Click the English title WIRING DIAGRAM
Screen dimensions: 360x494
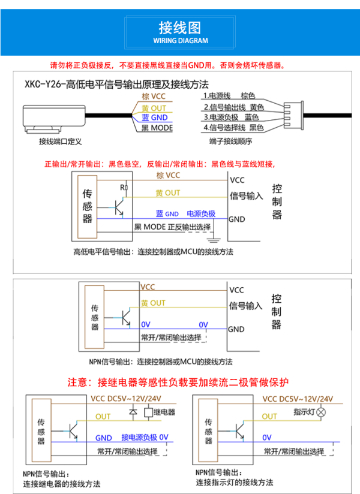tap(181, 41)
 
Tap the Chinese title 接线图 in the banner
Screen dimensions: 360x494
tap(179, 28)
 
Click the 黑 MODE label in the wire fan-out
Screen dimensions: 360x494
tap(157, 128)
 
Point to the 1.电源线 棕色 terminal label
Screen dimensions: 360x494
tap(229, 96)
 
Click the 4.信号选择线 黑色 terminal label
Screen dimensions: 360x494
tap(233, 127)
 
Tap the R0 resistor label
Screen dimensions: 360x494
tap(124, 188)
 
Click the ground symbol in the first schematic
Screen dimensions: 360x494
tap(214, 240)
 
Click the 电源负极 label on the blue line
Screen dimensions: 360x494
tap(201, 213)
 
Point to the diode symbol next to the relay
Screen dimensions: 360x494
tap(133, 412)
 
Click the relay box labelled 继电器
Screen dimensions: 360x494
tap(148, 412)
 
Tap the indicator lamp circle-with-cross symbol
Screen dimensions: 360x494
tap(321, 412)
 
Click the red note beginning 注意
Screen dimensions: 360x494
tap(178, 382)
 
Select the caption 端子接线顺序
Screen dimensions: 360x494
tap(231, 141)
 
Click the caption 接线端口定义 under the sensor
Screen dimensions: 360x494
tap(60, 141)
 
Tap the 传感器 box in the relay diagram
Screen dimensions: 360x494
tap(41, 430)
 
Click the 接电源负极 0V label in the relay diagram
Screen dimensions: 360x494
tap(145, 437)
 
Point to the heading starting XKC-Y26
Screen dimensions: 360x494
tap(116, 85)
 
